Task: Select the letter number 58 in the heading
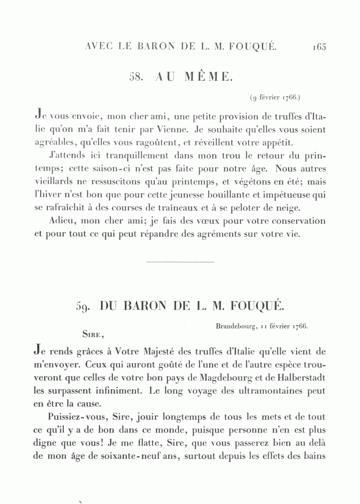(136, 77)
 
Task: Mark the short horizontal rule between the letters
(181, 262)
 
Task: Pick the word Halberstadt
(300, 378)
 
